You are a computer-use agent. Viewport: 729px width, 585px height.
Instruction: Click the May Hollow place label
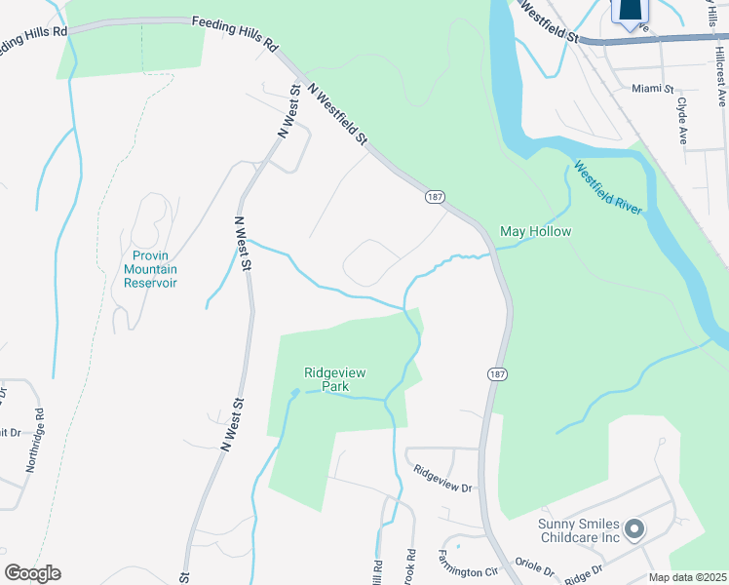point(535,231)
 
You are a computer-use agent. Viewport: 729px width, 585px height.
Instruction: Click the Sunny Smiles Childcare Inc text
point(579,530)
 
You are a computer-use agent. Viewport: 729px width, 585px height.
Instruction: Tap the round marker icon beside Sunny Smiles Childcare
point(634,530)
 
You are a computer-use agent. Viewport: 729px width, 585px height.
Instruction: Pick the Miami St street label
point(653,88)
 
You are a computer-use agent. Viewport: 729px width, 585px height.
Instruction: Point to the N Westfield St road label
point(337,113)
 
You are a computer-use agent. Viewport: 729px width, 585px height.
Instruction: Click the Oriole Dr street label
point(533,567)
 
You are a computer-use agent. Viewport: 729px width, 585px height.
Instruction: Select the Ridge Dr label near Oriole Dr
point(585,567)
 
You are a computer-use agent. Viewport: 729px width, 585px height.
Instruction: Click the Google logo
point(32,573)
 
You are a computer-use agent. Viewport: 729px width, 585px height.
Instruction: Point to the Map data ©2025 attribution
point(687,577)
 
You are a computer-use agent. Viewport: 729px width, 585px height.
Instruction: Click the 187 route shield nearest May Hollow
point(435,196)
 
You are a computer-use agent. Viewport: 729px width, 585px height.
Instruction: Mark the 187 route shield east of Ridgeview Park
point(496,373)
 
